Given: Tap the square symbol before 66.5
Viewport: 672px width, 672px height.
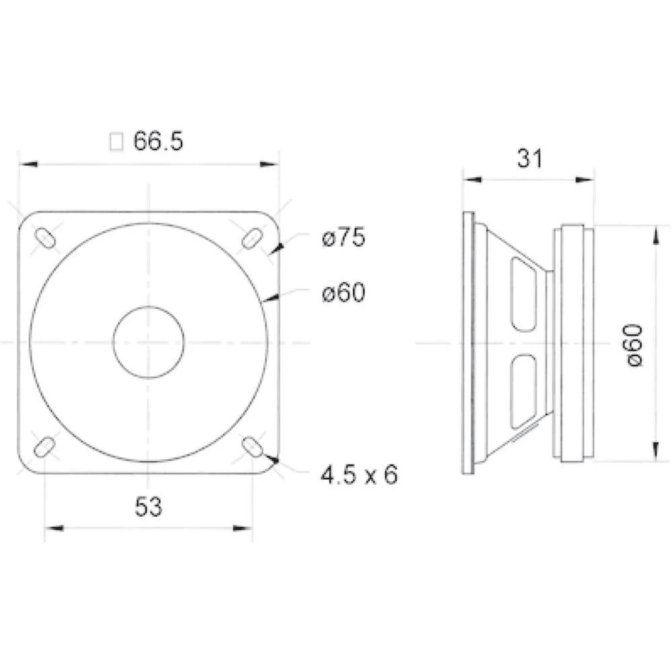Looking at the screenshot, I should (x=116, y=142).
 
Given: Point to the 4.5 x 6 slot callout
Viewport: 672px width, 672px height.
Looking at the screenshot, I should (x=359, y=475).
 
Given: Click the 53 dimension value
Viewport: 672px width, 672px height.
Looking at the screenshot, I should (x=149, y=507).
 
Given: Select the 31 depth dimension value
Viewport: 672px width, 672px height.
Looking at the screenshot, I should (x=529, y=159).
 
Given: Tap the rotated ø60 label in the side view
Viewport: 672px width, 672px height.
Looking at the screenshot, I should (x=635, y=344).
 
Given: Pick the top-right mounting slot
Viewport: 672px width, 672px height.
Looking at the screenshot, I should (x=253, y=237).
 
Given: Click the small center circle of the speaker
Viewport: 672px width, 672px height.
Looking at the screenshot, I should (x=149, y=341).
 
